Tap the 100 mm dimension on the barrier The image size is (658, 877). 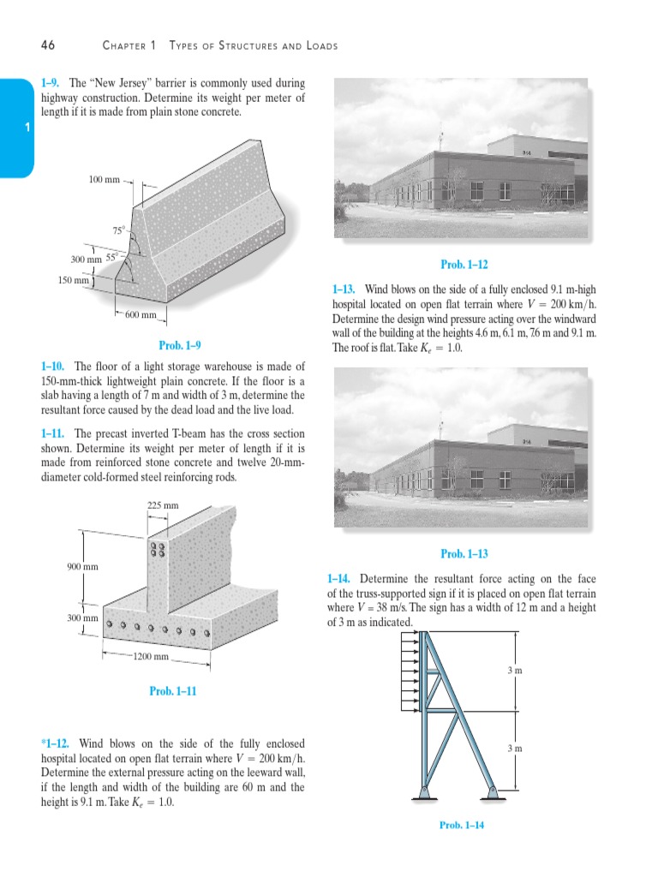coord(105,180)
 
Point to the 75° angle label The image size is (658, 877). coord(118,230)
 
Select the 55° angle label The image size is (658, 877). coord(113,257)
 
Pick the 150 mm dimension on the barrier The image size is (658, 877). coord(75,280)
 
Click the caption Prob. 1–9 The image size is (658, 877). coord(180,346)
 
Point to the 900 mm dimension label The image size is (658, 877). coord(82,566)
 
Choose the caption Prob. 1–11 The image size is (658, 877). coord(173,691)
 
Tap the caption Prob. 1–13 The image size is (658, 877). coord(464,554)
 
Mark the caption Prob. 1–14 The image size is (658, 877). coord(462,825)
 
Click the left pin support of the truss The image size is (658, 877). coord(425,792)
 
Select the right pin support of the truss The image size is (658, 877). coord(493,792)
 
